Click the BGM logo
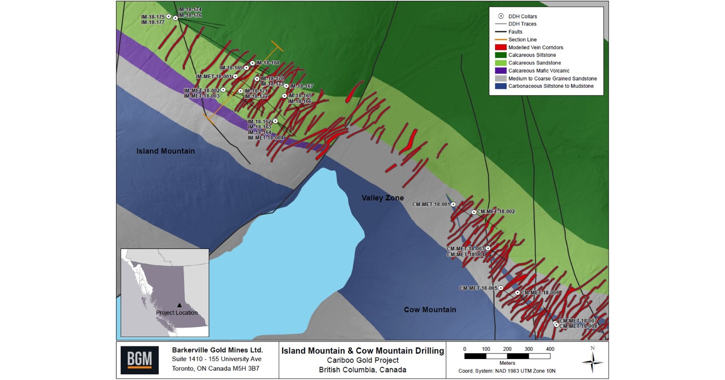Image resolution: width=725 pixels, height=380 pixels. (x=140, y=360)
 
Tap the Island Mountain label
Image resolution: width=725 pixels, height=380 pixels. (x=166, y=151)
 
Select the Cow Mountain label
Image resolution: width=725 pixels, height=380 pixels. (x=430, y=310)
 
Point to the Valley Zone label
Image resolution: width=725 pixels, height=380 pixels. (x=383, y=198)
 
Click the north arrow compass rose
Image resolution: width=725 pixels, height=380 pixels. (x=593, y=362)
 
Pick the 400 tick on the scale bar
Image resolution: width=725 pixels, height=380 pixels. (x=550, y=349)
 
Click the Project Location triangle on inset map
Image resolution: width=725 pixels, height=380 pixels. (x=180, y=305)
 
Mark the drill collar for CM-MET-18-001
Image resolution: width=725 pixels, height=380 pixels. (x=453, y=204)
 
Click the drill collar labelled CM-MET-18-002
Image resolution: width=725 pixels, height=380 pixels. (x=474, y=212)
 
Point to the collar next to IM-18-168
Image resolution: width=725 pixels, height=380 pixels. (x=252, y=63)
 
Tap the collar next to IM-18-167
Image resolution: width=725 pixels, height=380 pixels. (x=286, y=86)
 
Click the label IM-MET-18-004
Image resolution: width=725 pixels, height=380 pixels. (x=266, y=138)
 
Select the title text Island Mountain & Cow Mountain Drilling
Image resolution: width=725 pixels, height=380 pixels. (x=363, y=350)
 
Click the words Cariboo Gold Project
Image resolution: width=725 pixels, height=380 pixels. (x=363, y=360)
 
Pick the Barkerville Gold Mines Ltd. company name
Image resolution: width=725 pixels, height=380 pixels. (x=217, y=350)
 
